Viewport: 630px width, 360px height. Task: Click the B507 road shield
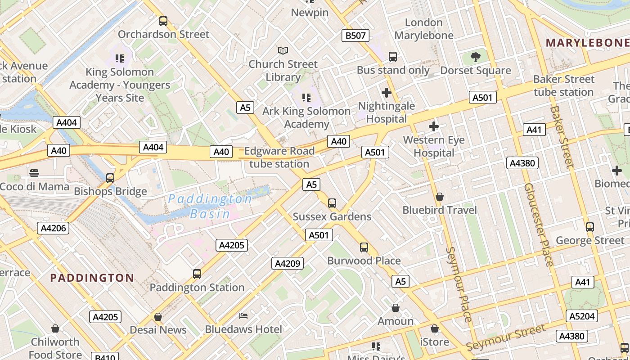(x=355, y=36)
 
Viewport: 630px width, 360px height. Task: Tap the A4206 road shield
(x=54, y=228)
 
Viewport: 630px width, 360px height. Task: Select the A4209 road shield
(x=288, y=263)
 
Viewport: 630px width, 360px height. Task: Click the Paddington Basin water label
(x=210, y=206)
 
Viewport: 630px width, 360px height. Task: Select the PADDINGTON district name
(x=92, y=278)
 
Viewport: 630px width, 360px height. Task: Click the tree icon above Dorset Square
(x=475, y=57)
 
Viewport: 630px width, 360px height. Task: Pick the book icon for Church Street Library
(x=283, y=50)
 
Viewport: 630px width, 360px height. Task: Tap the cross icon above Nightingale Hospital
(x=386, y=93)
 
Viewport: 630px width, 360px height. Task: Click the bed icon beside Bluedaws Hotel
(x=243, y=316)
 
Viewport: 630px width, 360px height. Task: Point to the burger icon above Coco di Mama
(x=34, y=173)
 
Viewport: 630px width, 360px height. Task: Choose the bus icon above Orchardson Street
(x=163, y=21)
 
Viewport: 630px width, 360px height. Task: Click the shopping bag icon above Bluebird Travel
(x=440, y=197)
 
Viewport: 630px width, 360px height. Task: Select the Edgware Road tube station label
(x=279, y=157)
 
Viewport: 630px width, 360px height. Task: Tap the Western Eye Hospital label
(x=434, y=146)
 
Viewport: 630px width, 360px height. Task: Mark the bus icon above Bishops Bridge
(x=110, y=178)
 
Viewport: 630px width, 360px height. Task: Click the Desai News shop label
(x=158, y=330)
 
